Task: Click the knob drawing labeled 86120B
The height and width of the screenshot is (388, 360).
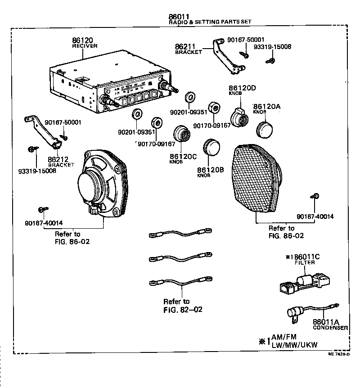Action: tap(211, 147)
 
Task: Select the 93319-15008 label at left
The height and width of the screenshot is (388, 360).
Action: tap(37, 171)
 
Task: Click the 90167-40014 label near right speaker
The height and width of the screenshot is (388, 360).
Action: tap(315, 216)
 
